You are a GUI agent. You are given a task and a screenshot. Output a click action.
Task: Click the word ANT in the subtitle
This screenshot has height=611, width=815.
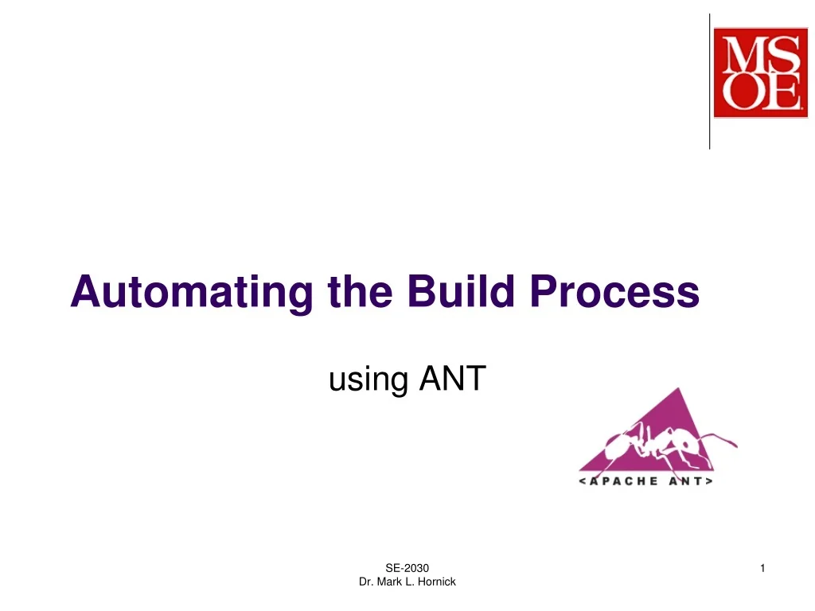point(452,379)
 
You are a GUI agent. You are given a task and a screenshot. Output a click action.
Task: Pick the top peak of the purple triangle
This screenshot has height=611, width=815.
point(678,390)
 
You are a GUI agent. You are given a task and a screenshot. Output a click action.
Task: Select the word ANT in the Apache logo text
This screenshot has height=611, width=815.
point(688,481)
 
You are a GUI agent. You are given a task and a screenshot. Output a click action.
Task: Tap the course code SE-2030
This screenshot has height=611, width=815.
point(407,567)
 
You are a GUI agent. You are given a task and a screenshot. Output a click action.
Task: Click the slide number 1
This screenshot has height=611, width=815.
point(762,567)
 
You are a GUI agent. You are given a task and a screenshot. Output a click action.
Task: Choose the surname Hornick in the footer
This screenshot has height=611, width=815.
point(436,582)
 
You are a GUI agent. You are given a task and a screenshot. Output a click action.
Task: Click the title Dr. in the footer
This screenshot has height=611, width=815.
point(366,582)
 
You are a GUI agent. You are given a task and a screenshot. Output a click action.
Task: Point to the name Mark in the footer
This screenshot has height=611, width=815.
point(389,582)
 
